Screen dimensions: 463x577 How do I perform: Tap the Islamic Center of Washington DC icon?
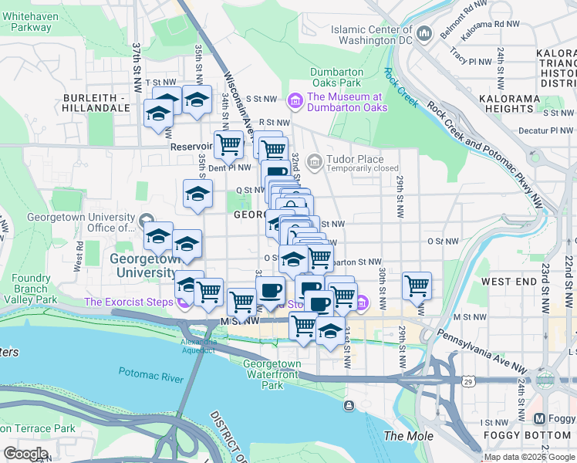424,34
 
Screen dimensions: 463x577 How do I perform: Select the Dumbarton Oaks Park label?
336,77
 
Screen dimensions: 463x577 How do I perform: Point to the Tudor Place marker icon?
314,163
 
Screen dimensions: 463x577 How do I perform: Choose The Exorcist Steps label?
128,302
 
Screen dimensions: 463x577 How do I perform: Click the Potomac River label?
150,373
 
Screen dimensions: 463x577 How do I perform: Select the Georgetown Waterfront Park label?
272,374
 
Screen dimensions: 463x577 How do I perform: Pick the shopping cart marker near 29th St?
417,286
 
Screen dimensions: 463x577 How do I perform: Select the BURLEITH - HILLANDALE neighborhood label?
97,103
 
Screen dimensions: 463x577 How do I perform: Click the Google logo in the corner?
25,453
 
